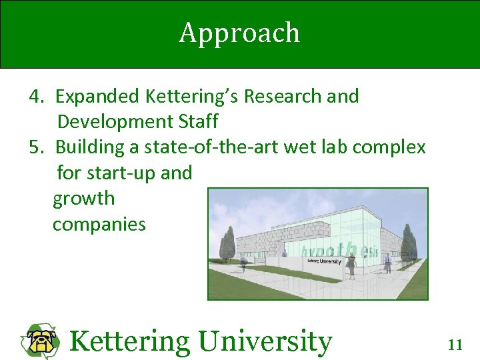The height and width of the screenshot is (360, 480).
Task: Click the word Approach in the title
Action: pos(239,33)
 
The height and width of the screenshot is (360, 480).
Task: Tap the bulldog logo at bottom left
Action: pos(42,341)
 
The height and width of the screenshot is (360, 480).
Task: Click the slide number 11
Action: pos(455,345)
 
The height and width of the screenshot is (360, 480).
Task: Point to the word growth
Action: pos(83,198)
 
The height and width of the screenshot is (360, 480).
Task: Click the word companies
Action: pos(99,224)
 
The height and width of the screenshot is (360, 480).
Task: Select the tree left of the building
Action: pos(227,245)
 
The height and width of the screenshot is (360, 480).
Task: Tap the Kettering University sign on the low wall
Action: pos(324,261)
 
